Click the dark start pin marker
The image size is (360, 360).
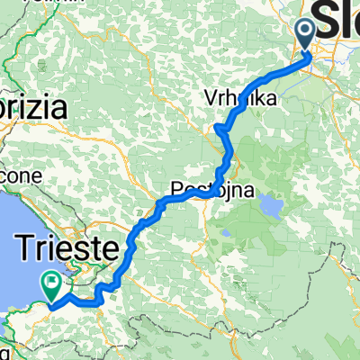(x=304, y=34)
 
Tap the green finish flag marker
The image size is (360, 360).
(x=53, y=286)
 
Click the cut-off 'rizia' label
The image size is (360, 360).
(x=34, y=109)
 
